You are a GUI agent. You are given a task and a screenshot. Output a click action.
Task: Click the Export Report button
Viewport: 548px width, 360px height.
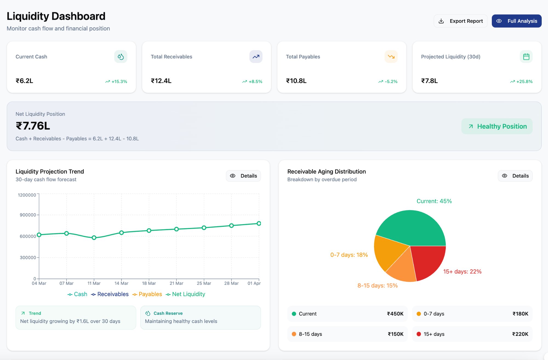[461, 21]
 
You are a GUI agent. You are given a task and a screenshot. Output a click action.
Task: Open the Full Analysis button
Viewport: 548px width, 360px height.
[516, 21]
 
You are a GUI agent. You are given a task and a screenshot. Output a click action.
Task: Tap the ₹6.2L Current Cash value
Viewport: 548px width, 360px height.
[24, 81]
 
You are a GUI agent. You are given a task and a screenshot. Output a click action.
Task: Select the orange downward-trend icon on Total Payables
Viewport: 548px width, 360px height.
[391, 57]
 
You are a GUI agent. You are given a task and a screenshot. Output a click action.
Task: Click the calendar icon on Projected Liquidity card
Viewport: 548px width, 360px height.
[526, 57]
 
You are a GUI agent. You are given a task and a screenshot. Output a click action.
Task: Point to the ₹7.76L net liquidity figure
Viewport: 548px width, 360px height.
[33, 126]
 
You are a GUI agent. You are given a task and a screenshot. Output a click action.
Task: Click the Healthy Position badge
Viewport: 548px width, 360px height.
[497, 126]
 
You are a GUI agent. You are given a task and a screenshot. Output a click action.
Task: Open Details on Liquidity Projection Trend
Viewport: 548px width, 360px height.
[243, 176]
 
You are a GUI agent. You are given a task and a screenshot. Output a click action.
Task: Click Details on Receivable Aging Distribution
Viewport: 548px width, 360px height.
[515, 176]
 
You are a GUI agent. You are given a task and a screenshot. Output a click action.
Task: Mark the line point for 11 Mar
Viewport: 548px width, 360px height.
[94, 238]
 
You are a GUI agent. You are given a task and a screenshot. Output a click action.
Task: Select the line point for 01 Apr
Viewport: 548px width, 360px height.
[259, 224]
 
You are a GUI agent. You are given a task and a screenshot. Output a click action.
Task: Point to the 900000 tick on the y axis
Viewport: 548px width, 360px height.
[28, 215]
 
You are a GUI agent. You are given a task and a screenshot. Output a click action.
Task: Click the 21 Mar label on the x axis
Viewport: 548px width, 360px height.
[176, 283]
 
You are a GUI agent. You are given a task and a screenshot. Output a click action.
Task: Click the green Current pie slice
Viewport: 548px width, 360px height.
[411, 227]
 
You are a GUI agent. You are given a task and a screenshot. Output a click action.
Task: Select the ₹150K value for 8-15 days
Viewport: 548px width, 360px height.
[395, 334]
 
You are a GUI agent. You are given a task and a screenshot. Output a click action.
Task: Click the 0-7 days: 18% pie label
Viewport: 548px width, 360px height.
[349, 255]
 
